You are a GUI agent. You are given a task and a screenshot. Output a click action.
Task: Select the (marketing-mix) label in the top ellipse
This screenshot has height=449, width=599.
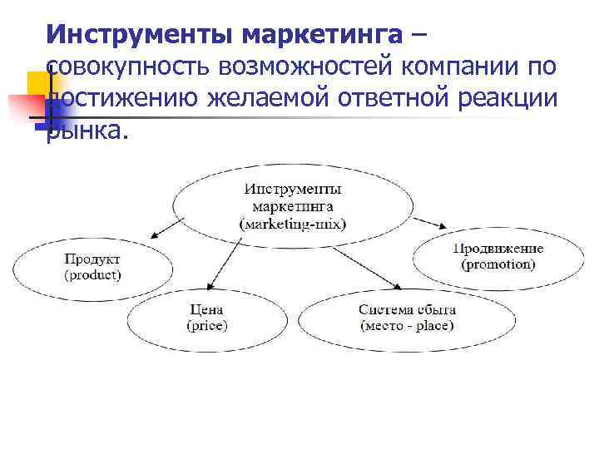pos(292,224)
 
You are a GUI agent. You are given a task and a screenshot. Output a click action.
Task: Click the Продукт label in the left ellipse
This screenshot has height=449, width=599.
pos(92,259)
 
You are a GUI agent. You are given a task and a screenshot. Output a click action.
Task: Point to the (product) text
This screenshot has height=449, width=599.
pos(92,274)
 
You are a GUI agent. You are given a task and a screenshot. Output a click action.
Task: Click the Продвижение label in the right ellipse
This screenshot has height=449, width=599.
pos(498,249)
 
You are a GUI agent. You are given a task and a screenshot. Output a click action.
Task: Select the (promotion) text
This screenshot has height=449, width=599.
pos(498,264)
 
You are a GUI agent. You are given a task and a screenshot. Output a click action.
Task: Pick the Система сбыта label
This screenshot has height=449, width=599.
pos(408,309)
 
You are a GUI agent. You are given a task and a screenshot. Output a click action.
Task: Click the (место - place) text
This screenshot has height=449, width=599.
pos(408,324)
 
